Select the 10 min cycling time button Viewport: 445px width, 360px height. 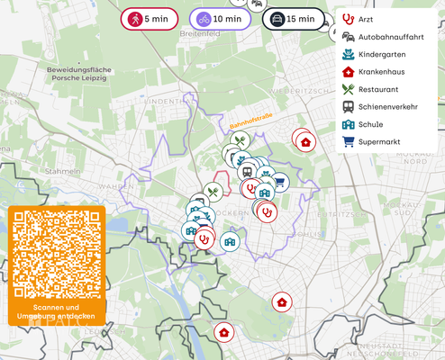(220, 19)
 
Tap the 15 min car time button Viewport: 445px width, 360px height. (294, 19)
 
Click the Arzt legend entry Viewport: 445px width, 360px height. (364, 19)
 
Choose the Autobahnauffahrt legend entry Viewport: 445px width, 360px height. (383, 37)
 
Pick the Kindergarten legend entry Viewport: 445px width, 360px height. (378, 54)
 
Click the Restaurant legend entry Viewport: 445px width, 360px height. (377, 89)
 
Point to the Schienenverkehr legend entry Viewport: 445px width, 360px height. (386, 106)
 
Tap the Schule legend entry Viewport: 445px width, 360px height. (369, 124)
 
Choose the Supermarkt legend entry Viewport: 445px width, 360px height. (377, 141)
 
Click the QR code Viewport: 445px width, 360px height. (57, 255)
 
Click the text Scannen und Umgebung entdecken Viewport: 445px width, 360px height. (57, 311)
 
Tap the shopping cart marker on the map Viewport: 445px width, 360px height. (280, 182)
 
